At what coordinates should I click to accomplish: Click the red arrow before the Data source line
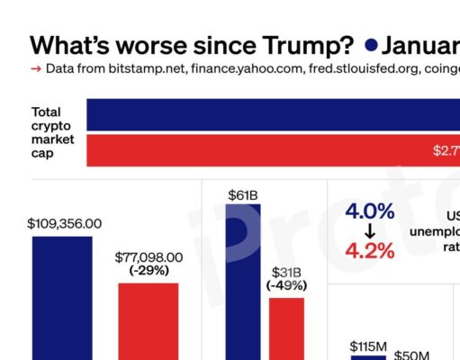click(x=35, y=68)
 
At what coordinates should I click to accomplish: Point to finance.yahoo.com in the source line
click(x=223, y=68)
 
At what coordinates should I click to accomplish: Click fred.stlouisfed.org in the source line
click(x=336, y=68)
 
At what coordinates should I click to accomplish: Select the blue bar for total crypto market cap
click(x=270, y=114)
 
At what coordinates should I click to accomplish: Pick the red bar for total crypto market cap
click(x=270, y=150)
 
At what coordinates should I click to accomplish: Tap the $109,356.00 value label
click(x=64, y=223)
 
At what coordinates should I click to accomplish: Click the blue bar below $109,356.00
click(x=62, y=297)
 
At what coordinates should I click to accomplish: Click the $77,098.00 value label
click(x=149, y=256)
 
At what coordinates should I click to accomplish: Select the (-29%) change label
click(x=149, y=270)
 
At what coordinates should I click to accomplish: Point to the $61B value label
click(x=243, y=193)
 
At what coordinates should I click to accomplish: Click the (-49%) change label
click(x=286, y=285)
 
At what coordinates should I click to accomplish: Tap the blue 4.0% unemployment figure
click(x=369, y=211)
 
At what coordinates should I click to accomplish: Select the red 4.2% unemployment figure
click(x=369, y=250)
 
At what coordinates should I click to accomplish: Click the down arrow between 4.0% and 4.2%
click(x=369, y=231)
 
